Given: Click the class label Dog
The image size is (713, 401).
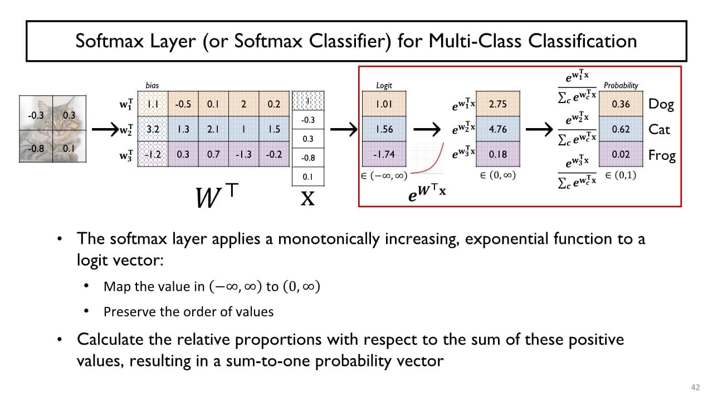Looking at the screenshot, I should click(661, 104).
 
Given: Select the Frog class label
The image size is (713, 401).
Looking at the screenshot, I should click(662, 155).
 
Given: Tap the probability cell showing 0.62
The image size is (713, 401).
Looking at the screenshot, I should click(621, 129).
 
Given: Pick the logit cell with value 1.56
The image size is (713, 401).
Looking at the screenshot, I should click(384, 129).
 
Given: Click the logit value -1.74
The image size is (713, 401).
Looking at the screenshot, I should click(384, 155).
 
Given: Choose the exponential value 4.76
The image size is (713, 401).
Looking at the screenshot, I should click(497, 129).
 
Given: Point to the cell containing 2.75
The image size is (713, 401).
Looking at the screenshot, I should click(497, 104).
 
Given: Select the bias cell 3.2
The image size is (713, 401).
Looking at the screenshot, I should click(152, 129).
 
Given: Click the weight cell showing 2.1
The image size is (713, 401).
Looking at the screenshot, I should click(213, 129).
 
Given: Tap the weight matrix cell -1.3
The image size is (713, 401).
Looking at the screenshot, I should click(243, 154).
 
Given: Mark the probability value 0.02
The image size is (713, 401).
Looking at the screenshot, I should click(621, 155).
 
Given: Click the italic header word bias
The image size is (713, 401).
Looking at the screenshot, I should click(152, 85).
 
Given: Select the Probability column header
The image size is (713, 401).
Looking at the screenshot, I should click(621, 85).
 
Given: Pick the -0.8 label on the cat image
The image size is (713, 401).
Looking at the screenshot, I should click(37, 149).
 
